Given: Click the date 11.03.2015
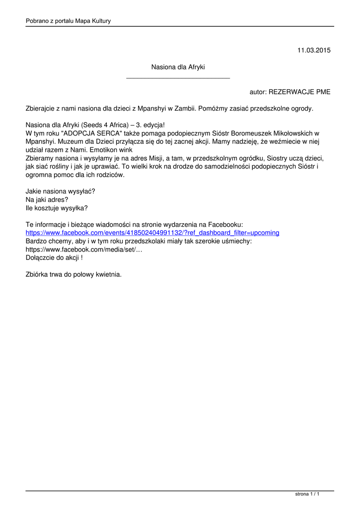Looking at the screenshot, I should [314, 50].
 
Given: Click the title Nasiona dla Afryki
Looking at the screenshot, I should [178, 67].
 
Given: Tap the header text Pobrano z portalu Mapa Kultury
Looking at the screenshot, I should [68, 21].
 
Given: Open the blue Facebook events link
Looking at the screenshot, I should [152, 233].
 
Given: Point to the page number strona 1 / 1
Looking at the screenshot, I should [307, 494].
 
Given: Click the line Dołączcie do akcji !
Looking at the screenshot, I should [54, 257].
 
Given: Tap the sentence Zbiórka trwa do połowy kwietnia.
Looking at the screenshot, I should [73, 274].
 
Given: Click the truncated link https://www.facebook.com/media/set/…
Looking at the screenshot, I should [84, 250].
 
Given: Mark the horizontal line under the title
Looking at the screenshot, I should [178, 78].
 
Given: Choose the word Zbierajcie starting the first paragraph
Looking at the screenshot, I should [41, 108].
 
